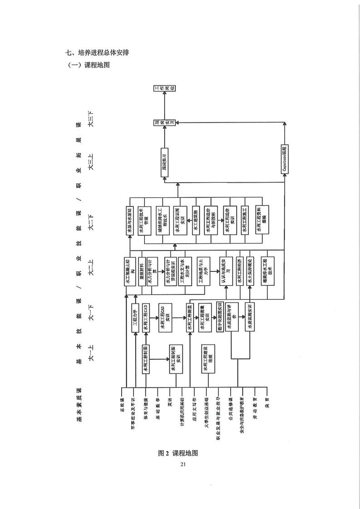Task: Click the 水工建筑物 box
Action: click(197, 221)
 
